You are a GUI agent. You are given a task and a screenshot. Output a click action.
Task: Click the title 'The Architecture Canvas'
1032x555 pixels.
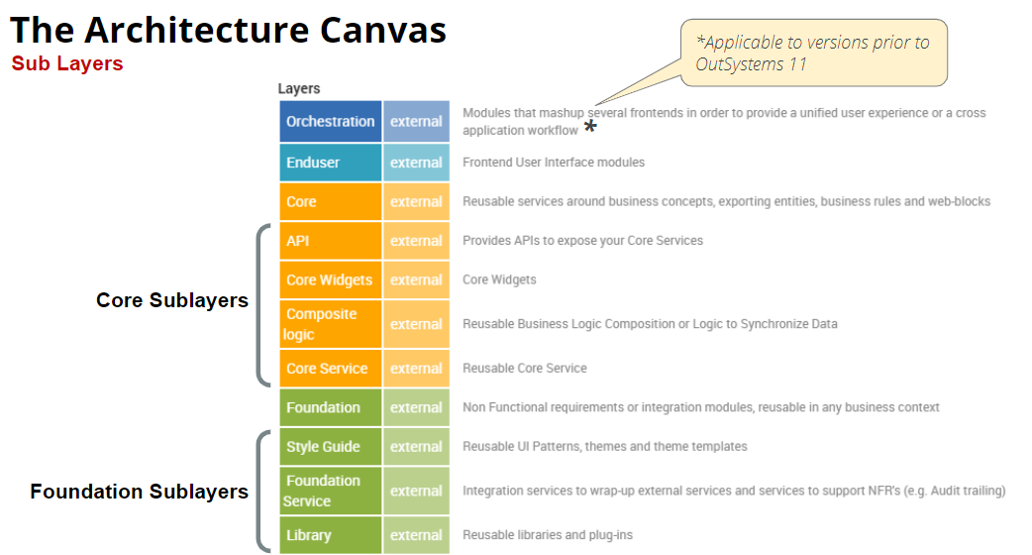tap(228, 30)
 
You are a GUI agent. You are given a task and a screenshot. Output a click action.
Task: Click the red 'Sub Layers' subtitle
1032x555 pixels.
tap(67, 63)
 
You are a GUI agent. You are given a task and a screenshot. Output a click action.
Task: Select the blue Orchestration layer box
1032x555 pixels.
tap(330, 122)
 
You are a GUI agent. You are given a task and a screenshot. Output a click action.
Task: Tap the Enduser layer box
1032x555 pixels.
tap(330, 163)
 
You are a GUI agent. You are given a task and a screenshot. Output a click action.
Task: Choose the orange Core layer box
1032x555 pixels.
tap(330, 202)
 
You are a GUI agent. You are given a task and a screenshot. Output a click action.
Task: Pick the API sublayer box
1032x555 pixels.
tap(330, 241)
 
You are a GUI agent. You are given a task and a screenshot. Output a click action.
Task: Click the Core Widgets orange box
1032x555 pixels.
tap(330, 280)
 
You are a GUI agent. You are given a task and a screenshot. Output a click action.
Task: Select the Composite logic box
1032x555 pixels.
tap(330, 324)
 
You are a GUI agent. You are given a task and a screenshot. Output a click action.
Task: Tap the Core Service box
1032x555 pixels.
tap(330, 369)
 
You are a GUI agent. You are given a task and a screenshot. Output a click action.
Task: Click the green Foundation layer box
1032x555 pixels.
tap(330, 407)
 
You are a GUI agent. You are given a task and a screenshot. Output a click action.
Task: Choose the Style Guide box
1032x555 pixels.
tap(330, 447)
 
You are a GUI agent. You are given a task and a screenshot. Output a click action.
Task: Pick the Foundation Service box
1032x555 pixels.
tap(330, 491)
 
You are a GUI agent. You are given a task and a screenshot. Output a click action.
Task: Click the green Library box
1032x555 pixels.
tap(330, 535)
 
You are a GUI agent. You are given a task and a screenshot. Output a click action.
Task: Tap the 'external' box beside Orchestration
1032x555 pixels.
tap(416, 122)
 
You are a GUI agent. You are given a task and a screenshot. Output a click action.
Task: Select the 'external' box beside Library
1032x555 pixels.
tap(416, 535)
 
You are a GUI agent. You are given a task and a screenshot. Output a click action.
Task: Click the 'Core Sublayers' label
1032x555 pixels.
tap(172, 300)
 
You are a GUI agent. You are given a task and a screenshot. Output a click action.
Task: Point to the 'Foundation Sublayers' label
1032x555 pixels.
tap(140, 492)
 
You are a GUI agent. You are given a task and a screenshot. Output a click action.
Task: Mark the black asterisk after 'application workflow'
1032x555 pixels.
tap(590, 128)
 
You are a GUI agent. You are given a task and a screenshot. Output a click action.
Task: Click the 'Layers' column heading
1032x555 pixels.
tap(299, 88)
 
